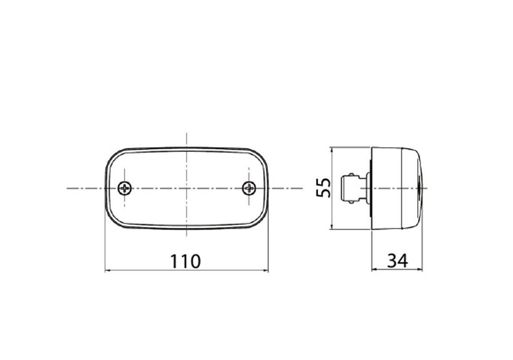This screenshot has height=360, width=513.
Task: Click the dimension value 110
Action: point(185,261)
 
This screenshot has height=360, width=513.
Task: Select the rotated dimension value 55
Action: point(324,188)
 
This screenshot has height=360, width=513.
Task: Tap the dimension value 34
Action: point(397,261)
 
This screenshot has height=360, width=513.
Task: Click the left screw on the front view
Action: point(125,188)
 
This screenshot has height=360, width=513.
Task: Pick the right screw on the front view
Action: point(249,188)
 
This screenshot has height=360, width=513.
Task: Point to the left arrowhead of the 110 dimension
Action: point(107,271)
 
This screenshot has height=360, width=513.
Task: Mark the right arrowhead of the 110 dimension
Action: point(266,271)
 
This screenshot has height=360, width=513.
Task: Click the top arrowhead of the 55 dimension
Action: point(331,149)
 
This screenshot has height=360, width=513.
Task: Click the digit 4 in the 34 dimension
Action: point(403,261)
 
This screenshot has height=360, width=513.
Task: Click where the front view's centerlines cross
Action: point(187,188)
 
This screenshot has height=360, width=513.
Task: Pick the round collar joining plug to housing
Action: point(368,188)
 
